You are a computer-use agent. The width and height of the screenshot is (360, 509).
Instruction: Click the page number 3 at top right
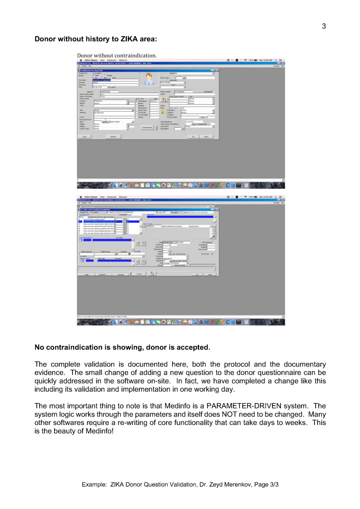(324, 26)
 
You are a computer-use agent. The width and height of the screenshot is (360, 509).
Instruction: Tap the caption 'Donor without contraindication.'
(117, 55)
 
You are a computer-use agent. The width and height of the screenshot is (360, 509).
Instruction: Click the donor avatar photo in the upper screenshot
(147, 79)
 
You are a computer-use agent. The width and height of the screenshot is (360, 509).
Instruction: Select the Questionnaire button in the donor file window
(146, 127)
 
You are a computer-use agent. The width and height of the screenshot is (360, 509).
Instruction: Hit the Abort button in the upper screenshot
(206, 136)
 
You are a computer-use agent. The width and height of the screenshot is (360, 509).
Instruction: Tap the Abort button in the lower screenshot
(210, 274)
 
